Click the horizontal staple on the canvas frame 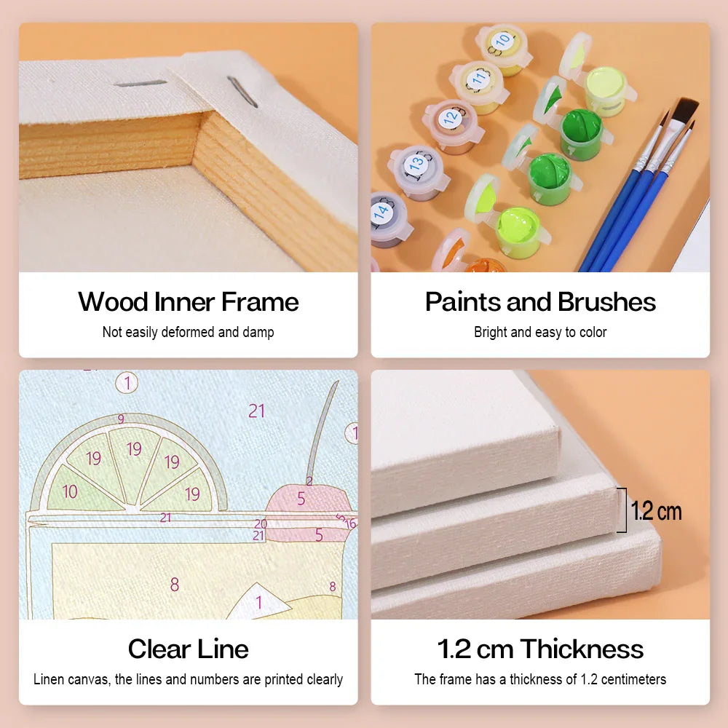pos(141,84)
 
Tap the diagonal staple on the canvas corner pos(242,92)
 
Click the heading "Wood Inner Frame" pos(189,302)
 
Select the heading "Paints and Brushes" pos(540,302)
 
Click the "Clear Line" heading pos(189,649)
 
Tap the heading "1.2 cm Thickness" pos(540,649)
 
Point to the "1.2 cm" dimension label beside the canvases pos(656,511)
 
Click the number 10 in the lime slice pos(70,491)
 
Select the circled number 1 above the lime pos(127,383)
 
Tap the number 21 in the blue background pos(256,411)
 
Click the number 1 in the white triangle pos(258,603)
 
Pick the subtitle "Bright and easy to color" pos(540,332)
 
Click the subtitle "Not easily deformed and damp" pos(189,332)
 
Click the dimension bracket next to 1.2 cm pos(624,510)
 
